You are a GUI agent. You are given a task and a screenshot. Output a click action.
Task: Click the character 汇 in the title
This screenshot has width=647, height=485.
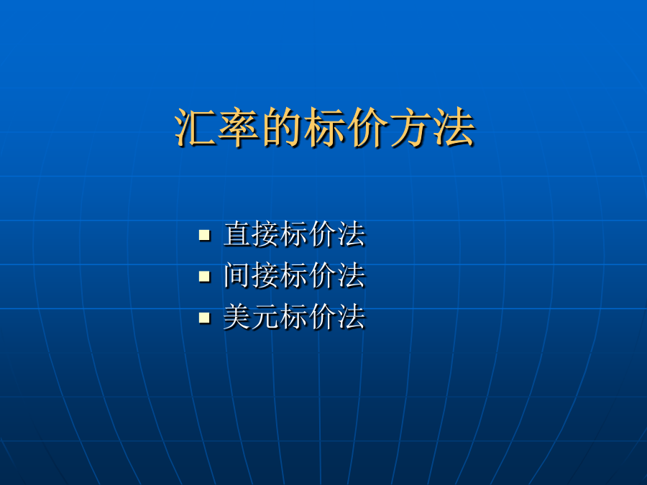[x=196, y=127]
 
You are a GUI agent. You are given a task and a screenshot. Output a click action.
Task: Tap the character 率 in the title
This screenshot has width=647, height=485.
[x=239, y=127]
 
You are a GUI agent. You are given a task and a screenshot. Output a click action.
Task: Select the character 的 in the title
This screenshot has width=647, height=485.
[x=281, y=127]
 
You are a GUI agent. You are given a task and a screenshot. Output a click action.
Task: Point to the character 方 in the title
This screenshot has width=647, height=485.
[x=410, y=127]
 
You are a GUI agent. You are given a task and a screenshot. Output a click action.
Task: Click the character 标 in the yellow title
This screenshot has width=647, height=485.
[x=324, y=127]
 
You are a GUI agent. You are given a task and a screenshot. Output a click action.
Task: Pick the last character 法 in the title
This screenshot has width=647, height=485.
[x=454, y=127]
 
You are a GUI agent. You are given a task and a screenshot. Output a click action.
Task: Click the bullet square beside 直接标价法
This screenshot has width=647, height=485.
[x=204, y=235]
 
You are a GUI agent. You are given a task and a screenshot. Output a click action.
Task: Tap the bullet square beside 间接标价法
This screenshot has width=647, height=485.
[x=204, y=276]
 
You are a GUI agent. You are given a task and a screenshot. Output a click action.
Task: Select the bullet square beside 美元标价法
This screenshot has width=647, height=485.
[x=204, y=317]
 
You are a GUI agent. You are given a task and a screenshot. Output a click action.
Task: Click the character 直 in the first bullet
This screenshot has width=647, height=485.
[x=237, y=234]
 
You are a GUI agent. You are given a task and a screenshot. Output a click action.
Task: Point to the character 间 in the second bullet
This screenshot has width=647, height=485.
[x=237, y=275]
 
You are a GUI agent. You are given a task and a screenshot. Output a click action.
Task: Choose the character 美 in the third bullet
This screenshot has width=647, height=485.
[x=237, y=316]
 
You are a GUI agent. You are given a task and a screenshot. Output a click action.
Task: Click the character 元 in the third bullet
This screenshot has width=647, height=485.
[x=266, y=316]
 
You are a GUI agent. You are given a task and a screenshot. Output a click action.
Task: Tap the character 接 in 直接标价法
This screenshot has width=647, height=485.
[x=266, y=234]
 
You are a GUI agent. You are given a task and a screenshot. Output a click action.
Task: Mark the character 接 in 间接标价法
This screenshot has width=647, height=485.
[x=266, y=275]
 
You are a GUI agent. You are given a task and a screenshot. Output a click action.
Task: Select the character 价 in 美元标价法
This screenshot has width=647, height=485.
[x=323, y=316]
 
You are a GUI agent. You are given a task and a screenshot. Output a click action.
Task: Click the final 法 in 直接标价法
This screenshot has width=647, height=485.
[x=352, y=234]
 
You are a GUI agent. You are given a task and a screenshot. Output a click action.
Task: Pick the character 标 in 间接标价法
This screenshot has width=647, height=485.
[x=295, y=275]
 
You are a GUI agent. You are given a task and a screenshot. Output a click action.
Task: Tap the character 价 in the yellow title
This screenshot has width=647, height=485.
[x=367, y=127]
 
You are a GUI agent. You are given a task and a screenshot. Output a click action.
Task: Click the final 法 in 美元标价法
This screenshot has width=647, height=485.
[x=352, y=316]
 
